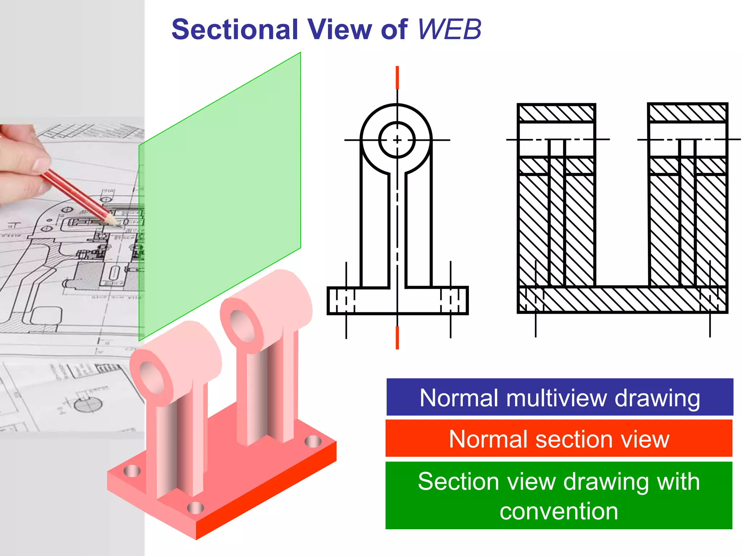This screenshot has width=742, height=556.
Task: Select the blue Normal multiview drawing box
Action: coord(559,397)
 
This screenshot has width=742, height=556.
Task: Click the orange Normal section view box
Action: coord(559,439)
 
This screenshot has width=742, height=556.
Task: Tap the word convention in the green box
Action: coord(559,511)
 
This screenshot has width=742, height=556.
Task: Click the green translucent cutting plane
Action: coord(220,195)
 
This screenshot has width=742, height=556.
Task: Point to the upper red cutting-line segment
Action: coord(397,77)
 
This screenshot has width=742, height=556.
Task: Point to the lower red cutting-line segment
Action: coord(397,337)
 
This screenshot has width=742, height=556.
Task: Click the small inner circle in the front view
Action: coord(397,140)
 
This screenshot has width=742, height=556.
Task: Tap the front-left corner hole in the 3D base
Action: coord(132,471)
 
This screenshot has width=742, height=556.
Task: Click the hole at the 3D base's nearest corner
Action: coord(195,508)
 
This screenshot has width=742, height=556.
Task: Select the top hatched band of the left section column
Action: coord(556,113)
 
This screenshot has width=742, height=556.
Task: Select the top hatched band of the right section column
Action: coord(687,113)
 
